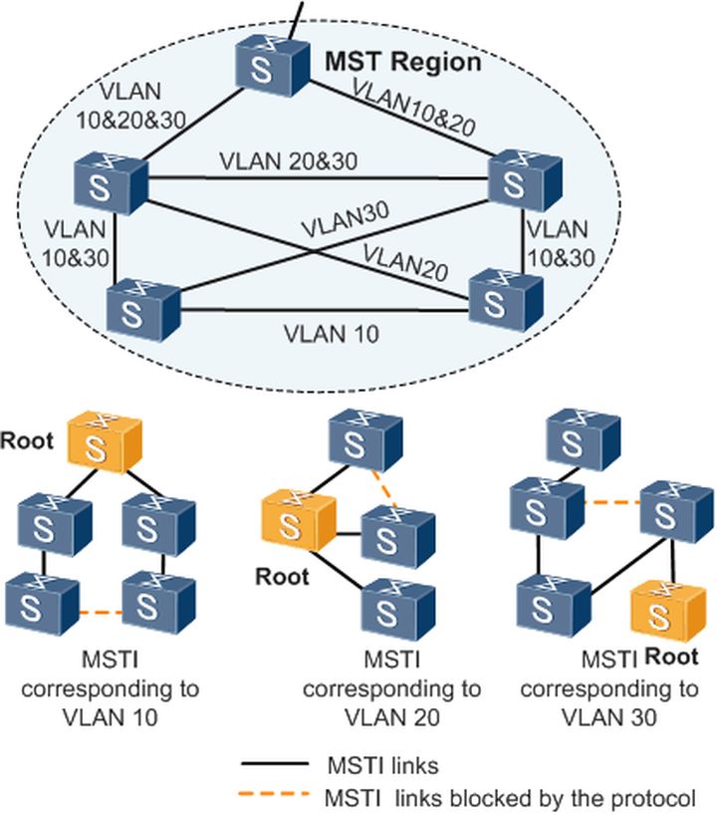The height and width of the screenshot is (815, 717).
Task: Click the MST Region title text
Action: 403,63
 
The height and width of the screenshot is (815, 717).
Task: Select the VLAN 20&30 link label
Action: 289,159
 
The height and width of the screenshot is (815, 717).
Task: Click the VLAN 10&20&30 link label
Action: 118,105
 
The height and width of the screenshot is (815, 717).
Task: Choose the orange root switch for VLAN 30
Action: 661,611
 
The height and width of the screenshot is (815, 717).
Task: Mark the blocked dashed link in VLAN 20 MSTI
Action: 382,488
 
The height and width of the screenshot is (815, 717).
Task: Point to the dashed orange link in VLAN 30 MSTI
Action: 609,502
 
